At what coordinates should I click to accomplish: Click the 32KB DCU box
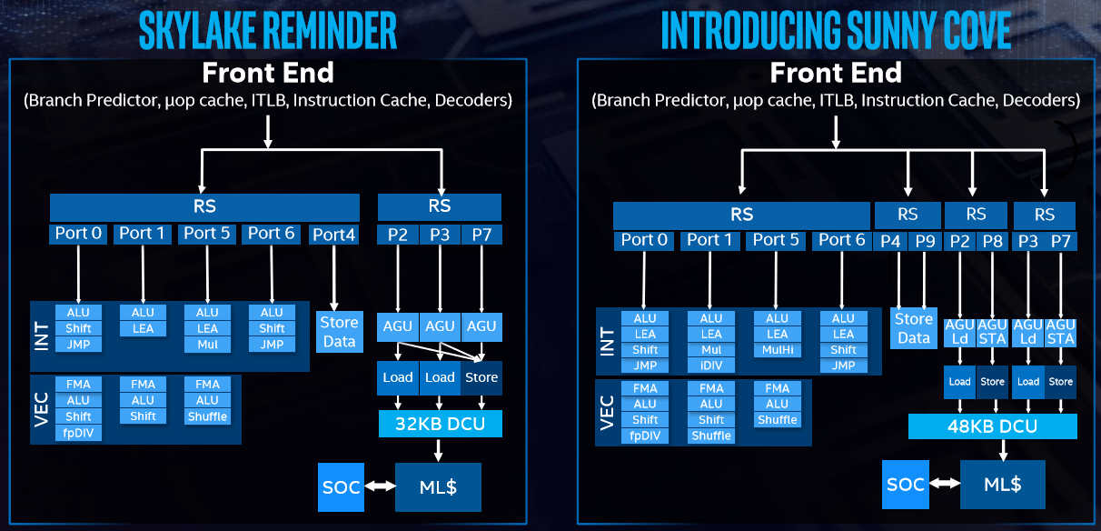(441, 424)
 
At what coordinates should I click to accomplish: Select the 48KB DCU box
(992, 426)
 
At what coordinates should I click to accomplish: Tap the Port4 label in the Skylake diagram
(333, 235)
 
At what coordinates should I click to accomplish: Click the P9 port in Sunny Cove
(925, 241)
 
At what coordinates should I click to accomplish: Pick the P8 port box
(992, 241)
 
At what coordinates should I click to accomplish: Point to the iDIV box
(711, 366)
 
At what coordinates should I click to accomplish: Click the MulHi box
(777, 349)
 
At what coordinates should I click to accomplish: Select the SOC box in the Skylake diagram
(342, 487)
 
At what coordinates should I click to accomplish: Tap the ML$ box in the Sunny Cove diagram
(1003, 485)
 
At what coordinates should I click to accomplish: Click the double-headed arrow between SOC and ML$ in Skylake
(380, 486)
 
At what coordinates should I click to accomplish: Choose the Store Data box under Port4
(339, 332)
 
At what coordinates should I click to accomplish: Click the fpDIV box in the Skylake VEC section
(78, 433)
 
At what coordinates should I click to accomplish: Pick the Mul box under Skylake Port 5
(207, 345)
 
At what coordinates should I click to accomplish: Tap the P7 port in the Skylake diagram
(481, 235)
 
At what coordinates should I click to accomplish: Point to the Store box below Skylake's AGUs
(481, 377)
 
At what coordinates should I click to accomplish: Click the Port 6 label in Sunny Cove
(841, 240)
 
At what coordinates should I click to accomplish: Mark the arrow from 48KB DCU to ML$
(1003, 450)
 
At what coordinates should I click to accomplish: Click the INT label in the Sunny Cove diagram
(608, 342)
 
